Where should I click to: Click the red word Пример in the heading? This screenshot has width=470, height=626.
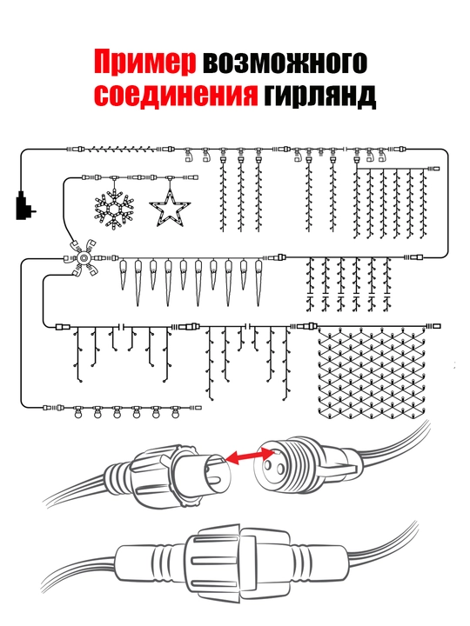coord(145,62)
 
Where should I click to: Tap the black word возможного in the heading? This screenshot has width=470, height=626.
coord(285,62)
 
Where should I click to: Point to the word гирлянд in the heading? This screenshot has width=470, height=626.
coord(319,95)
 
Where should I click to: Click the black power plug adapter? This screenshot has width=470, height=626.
coord(24,205)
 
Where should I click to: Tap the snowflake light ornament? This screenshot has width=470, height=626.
coord(113,209)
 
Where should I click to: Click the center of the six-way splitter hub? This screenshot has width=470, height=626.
coord(84,258)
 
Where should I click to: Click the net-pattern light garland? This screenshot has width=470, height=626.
coord(372,371)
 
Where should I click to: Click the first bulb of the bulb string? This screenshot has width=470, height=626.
coord(78,412)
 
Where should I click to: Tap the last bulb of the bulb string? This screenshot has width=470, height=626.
coord(175,412)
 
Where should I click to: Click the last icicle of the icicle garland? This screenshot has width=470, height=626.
coord(259,283)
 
